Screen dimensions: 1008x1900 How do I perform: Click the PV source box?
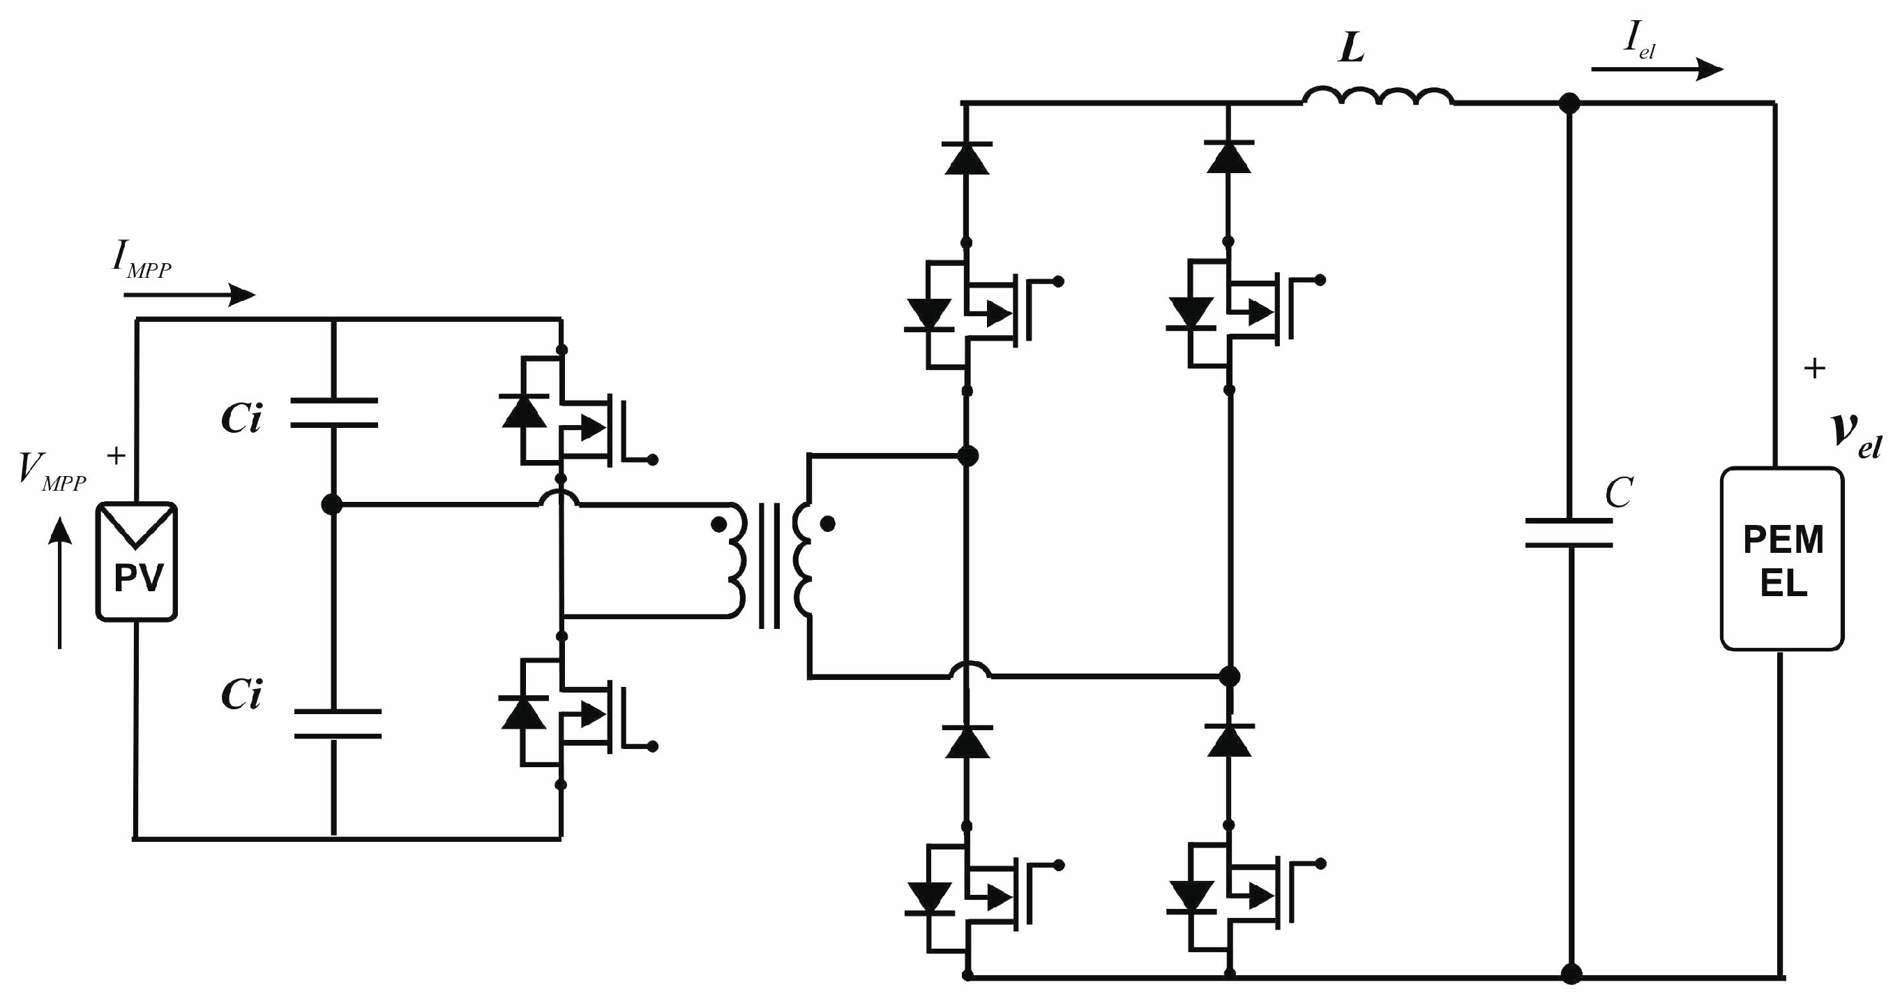click(x=137, y=561)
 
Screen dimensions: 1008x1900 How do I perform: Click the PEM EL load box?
click(x=1782, y=558)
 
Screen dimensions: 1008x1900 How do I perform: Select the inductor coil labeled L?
click(x=1378, y=98)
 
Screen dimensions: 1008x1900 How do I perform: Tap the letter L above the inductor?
click(x=1351, y=49)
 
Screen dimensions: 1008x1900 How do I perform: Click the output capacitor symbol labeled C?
click(x=1569, y=533)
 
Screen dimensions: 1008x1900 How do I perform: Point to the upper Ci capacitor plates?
click(x=333, y=413)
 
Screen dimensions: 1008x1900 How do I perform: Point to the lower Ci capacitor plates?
click(x=337, y=724)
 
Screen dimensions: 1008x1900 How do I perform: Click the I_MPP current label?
click(x=142, y=260)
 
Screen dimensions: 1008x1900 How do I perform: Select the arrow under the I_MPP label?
click(x=190, y=295)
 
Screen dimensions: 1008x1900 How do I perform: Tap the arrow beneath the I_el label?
click(x=1657, y=69)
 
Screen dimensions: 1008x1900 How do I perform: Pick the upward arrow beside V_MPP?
click(x=60, y=583)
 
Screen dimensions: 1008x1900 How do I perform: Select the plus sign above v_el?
click(x=1814, y=368)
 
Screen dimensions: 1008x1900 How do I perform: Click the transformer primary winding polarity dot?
click(x=718, y=525)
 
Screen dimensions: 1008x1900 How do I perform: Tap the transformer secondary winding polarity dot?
click(x=827, y=524)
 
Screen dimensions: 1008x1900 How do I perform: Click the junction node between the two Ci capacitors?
click(x=333, y=505)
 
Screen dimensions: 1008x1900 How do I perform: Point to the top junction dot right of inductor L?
click(x=1570, y=103)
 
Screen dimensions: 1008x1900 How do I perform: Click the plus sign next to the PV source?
click(x=116, y=456)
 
